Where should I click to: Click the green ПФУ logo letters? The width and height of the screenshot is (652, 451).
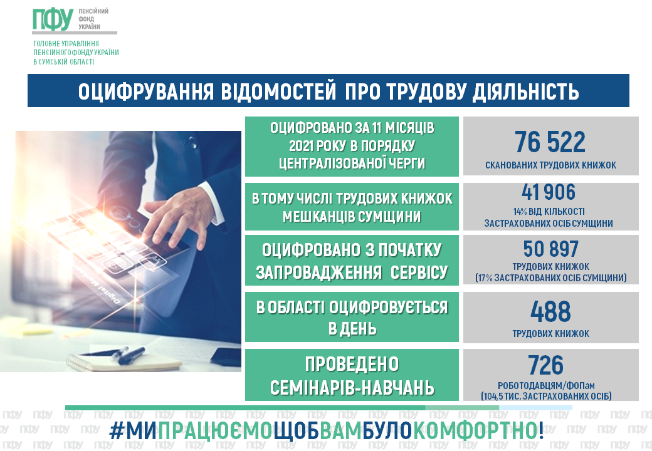click(x=53, y=19)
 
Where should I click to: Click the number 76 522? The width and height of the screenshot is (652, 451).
click(x=550, y=142)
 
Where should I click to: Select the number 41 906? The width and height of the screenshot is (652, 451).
click(x=549, y=192)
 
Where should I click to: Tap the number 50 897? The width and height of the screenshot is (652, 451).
click(x=550, y=249)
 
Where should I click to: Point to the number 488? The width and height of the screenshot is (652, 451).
click(x=550, y=311)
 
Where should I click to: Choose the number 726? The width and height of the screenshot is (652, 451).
click(x=545, y=365)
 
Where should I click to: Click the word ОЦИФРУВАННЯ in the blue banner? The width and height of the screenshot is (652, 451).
click(x=145, y=91)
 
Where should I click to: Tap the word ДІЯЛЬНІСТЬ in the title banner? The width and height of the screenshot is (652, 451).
click(x=525, y=91)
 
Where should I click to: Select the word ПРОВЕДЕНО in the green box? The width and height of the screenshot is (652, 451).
click(x=352, y=364)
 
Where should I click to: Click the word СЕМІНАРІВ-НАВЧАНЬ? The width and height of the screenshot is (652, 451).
click(x=352, y=388)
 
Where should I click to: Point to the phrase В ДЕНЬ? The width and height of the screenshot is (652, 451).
click(x=352, y=328)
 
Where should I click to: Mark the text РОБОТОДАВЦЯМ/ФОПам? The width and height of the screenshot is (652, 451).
click(x=546, y=385)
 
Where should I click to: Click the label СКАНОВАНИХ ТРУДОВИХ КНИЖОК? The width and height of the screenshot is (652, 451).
click(x=550, y=165)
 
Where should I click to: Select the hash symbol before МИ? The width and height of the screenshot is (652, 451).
click(x=116, y=432)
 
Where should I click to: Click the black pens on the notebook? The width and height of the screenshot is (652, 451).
click(x=124, y=356)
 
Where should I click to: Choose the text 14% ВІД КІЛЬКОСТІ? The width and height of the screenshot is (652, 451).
click(x=549, y=211)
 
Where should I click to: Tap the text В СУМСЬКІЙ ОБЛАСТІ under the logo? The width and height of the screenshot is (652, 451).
click(x=63, y=62)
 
